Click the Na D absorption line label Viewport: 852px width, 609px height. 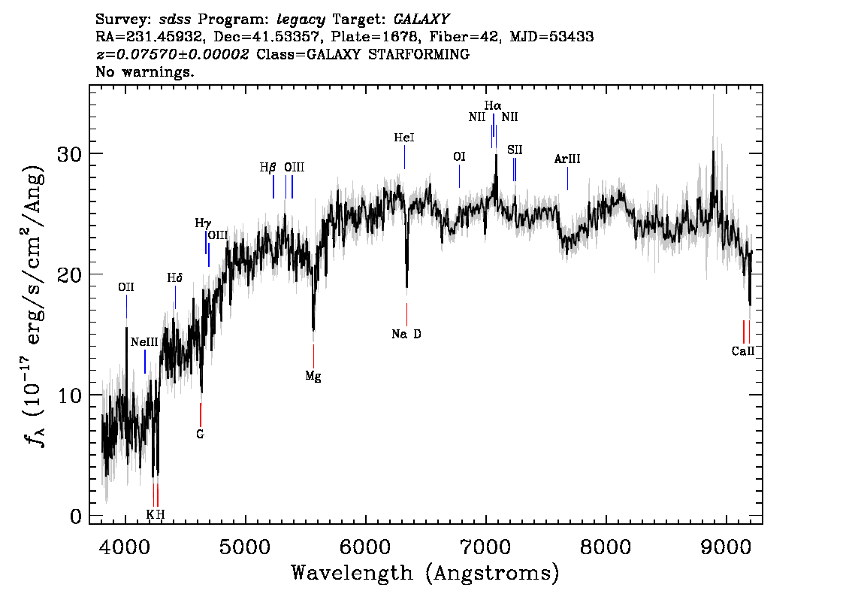coord(406,334)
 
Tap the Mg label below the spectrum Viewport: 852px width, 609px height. coord(313,377)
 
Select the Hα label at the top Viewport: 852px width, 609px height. coord(493,105)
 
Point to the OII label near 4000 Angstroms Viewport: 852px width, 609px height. coord(126,287)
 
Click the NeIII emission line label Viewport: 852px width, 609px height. coord(144,342)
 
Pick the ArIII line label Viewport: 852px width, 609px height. coord(567,159)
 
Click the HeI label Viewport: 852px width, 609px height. coord(404,138)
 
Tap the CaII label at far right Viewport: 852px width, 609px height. coord(742,350)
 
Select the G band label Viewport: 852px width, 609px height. coord(201,434)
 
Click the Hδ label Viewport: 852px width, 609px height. coord(174,278)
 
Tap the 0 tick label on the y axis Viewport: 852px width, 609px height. coord(75,517)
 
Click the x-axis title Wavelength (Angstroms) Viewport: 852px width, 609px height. coord(425,574)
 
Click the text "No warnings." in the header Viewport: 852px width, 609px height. coord(145,72)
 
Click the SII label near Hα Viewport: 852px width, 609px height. coord(515,150)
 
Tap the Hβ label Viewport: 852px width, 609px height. coord(268,167)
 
